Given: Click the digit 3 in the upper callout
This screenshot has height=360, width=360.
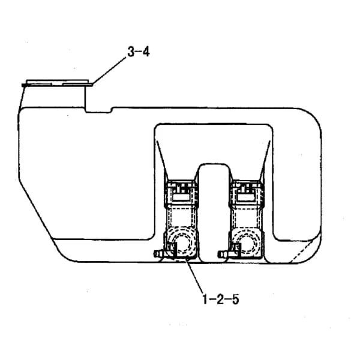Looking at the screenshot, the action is [x=131, y=52].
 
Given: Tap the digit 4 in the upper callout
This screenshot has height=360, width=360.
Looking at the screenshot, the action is [x=146, y=52].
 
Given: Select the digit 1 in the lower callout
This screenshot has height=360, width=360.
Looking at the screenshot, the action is [x=205, y=299].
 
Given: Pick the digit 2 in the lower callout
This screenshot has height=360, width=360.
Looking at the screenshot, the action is [x=220, y=299].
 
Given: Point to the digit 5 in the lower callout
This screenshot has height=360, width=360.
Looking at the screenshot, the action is [x=235, y=299].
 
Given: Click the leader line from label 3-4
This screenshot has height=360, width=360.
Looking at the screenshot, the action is [x=109, y=70].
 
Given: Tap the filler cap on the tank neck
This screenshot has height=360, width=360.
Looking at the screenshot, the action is [x=58, y=83].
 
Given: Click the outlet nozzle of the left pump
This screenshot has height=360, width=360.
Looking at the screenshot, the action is [x=160, y=253].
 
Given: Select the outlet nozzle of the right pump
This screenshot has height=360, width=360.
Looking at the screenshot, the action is [x=224, y=254].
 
